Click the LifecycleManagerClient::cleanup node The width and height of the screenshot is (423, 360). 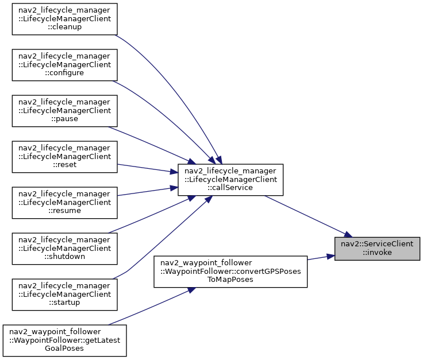click(65, 19)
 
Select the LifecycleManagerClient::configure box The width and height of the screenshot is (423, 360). click(65, 65)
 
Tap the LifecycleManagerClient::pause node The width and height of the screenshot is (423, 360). click(65, 111)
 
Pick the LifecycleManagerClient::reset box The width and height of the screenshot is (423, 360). click(65, 157)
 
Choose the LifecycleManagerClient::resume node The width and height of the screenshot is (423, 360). click(65, 203)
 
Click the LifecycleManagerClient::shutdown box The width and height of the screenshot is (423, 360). click(65, 249)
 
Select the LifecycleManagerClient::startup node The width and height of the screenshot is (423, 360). click(65, 295)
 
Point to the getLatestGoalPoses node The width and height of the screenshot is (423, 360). click(65, 340)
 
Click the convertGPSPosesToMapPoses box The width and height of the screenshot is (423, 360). click(230, 272)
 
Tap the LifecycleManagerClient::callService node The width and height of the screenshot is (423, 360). click(230, 180)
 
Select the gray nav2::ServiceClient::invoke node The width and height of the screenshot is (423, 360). click(377, 249)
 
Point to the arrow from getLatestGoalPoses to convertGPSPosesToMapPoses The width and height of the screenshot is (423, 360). click(152, 307)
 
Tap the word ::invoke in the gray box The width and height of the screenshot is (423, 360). click(377, 253)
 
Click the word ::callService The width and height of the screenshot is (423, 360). click(230, 188)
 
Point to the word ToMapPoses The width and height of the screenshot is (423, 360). click(230, 280)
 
